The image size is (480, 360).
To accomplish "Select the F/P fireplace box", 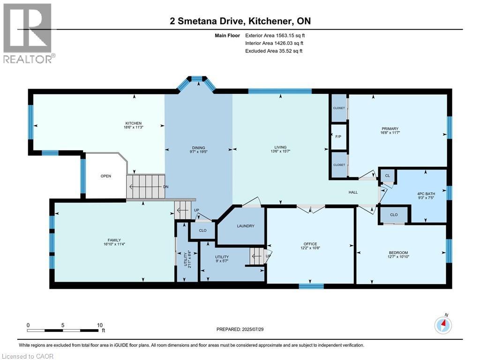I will (338, 137).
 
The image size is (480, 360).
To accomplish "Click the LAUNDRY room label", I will (246, 226).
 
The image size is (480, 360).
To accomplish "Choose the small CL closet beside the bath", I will (387, 176).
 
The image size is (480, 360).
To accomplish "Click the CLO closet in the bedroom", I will (394, 215).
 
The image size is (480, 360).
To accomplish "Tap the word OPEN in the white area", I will (106, 176).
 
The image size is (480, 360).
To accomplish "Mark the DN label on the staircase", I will (165, 187).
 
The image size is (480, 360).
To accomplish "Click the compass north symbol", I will (443, 324).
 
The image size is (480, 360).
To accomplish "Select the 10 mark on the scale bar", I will (99, 325).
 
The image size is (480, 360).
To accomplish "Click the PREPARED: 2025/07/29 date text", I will (240, 330).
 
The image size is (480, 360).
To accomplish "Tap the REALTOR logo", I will (28, 33).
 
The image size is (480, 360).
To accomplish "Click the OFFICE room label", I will (310, 244).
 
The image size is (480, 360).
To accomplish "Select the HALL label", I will (353, 192).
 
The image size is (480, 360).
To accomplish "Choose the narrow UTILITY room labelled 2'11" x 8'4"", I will (187, 258).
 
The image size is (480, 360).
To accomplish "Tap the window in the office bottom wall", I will (310, 285).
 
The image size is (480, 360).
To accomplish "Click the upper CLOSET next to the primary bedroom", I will (338, 108).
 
